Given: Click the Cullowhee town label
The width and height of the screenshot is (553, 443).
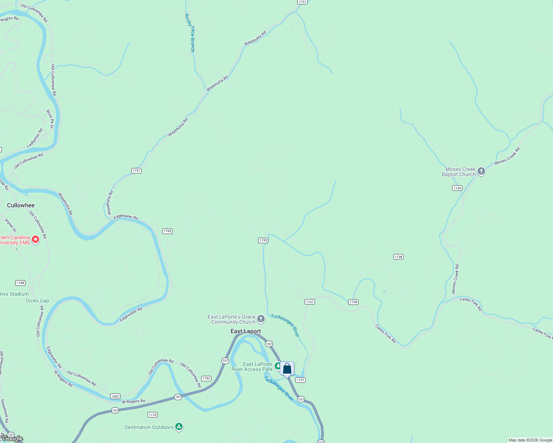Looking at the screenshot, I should point(21,205).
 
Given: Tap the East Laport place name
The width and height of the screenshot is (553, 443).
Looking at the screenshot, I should point(246,331).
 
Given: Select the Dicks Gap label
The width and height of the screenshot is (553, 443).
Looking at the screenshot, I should point(37,301).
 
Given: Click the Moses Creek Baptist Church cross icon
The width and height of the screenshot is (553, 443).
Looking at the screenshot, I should point(481,171).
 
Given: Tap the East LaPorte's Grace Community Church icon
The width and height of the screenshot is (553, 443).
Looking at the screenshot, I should point(261,319).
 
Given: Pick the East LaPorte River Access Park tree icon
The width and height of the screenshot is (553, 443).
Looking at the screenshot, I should point(278,365).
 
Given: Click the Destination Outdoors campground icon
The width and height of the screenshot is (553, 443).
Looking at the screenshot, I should point(179,427).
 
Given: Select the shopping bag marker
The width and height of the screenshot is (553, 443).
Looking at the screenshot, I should point(287,369).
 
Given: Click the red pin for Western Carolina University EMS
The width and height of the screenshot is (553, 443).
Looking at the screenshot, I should point(35,240).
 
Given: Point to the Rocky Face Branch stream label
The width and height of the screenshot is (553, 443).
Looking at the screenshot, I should point(190,33).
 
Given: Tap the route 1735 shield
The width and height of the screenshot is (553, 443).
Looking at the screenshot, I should point(263,240).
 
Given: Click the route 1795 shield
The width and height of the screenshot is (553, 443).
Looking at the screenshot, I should point(167,231).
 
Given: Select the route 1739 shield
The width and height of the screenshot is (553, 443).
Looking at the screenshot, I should point(457,188).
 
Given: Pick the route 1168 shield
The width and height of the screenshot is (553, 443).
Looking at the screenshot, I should point(20,283).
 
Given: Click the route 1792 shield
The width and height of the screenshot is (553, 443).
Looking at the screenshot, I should point(206,378).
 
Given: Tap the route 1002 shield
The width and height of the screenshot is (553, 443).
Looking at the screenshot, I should point(115,396).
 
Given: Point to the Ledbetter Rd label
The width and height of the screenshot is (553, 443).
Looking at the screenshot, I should point(35,138).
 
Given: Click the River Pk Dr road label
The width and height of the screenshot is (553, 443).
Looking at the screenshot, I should point(50,119).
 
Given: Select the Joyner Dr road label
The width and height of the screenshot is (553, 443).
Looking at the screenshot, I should point(10,225).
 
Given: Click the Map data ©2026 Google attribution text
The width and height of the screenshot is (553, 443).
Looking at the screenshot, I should point(530,440).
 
